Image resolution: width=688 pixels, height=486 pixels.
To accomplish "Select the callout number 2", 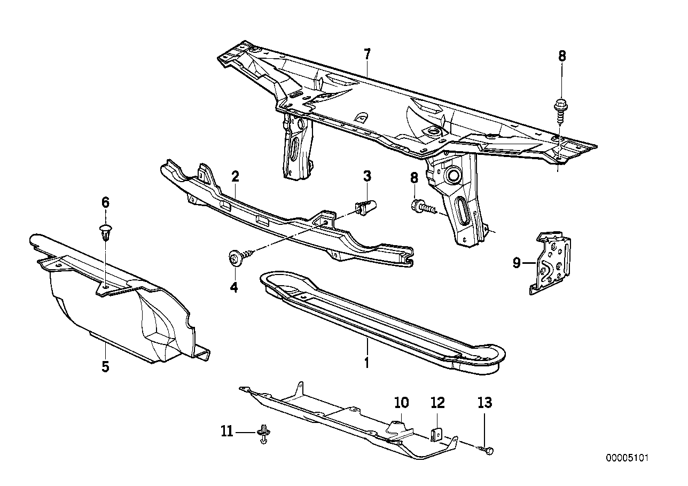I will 235,177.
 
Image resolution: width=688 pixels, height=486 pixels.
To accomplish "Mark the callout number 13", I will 485,403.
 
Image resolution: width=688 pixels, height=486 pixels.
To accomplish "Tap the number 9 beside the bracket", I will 517,263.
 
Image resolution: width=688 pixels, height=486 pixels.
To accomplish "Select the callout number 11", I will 228,431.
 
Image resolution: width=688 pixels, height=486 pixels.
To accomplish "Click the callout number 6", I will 105,202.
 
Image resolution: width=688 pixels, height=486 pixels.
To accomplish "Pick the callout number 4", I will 234,287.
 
